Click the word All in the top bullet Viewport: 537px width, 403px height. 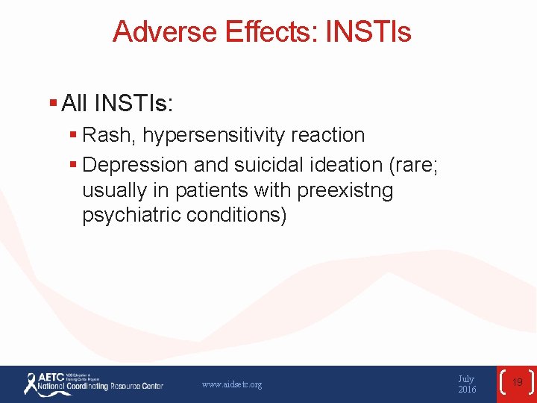[75, 104]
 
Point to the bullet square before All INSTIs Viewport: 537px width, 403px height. [53, 103]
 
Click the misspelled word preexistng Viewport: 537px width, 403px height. [345, 190]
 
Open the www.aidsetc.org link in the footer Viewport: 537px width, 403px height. [232, 385]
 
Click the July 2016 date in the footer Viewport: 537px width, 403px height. [467, 384]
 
